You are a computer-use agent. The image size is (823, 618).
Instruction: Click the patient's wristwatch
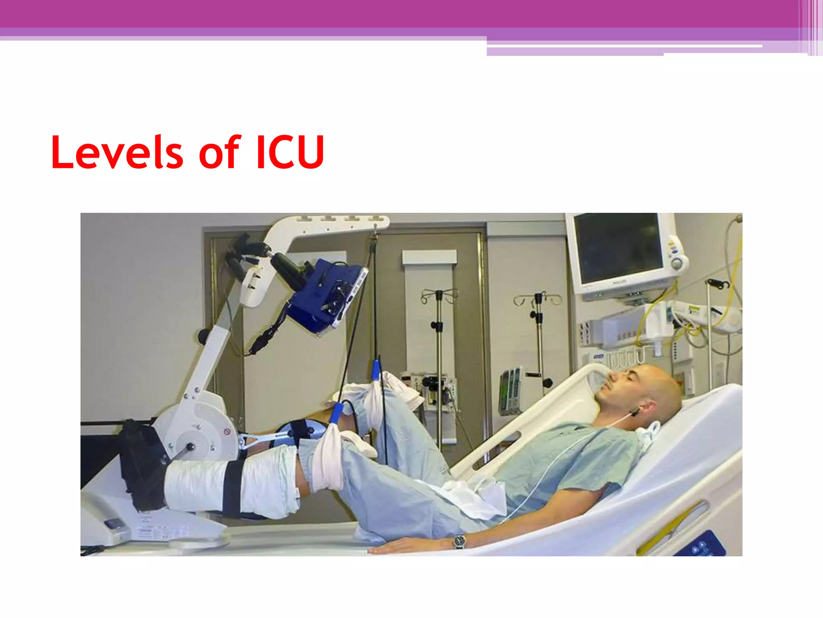[x=459, y=541]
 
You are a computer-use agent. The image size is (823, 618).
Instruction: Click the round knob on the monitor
[x=677, y=264]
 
